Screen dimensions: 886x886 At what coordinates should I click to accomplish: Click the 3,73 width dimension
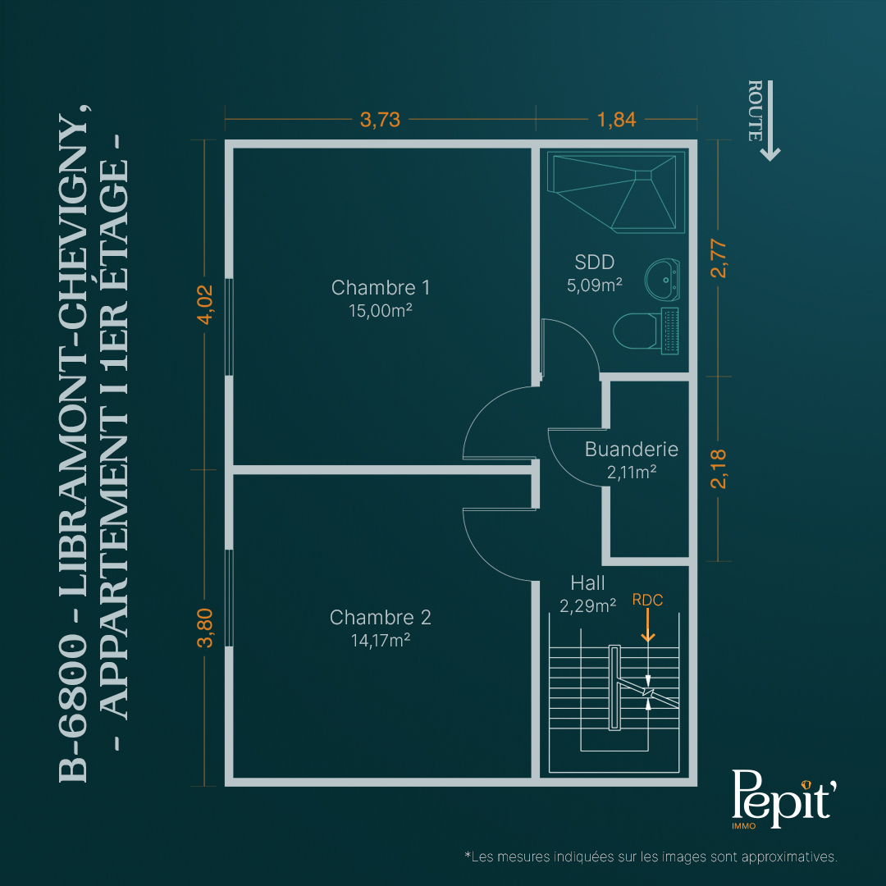tap(381, 120)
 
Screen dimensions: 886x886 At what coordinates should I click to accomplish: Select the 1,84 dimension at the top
tap(616, 120)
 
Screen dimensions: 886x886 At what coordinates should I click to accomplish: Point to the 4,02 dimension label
tap(205, 304)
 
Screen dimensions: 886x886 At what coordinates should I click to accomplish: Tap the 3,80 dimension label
tap(205, 628)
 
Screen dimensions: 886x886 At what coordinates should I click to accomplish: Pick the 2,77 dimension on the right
tap(719, 258)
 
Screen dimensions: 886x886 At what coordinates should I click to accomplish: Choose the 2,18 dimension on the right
tap(719, 469)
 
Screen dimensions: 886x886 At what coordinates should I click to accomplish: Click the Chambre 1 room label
tap(381, 288)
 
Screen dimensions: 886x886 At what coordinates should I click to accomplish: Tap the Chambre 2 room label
tap(381, 618)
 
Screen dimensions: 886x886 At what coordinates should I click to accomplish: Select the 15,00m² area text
tap(381, 311)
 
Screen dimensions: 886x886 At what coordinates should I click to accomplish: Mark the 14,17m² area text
tap(381, 640)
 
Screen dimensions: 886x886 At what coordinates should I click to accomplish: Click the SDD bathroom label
tap(595, 263)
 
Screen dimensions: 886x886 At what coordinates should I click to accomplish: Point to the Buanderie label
tap(631, 450)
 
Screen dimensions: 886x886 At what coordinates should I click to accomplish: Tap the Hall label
tap(587, 582)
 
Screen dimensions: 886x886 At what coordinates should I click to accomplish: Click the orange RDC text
tap(647, 600)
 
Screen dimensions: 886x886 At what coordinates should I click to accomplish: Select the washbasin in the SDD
tap(662, 280)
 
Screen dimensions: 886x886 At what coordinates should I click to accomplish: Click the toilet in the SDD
tap(646, 331)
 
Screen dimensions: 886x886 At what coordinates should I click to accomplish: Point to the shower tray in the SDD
tap(616, 192)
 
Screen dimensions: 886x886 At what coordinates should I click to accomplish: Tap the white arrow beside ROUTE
tap(770, 121)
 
